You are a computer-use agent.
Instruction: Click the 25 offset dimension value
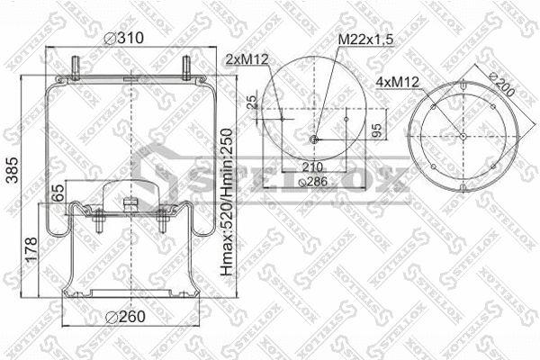[x=255, y=102]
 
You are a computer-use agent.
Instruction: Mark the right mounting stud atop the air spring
[x=186, y=67]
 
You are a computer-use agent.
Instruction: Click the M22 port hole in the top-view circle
[x=313, y=139]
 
